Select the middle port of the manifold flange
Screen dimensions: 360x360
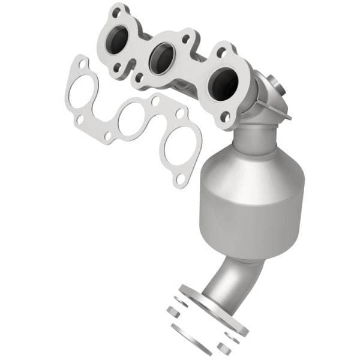[161, 58]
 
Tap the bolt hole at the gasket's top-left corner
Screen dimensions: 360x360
[79, 64]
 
